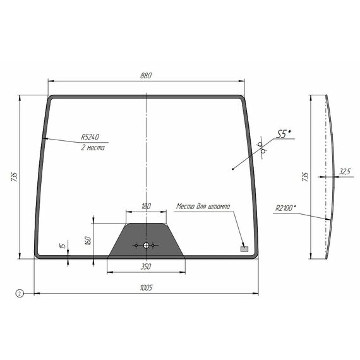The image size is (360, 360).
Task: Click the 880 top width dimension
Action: [x=146, y=76]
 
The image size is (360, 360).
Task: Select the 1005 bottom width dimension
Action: [x=146, y=287]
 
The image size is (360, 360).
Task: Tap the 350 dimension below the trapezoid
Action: [x=146, y=267]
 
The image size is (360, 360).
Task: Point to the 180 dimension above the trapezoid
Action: [x=146, y=206]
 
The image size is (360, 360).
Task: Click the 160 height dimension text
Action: [x=88, y=241]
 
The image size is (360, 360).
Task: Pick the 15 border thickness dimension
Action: [x=63, y=246]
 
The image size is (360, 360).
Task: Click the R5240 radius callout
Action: [x=90, y=137]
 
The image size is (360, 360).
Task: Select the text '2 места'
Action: [x=93, y=147]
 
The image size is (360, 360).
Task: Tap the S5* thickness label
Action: [x=284, y=134]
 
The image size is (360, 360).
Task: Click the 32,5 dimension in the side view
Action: [x=345, y=171]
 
